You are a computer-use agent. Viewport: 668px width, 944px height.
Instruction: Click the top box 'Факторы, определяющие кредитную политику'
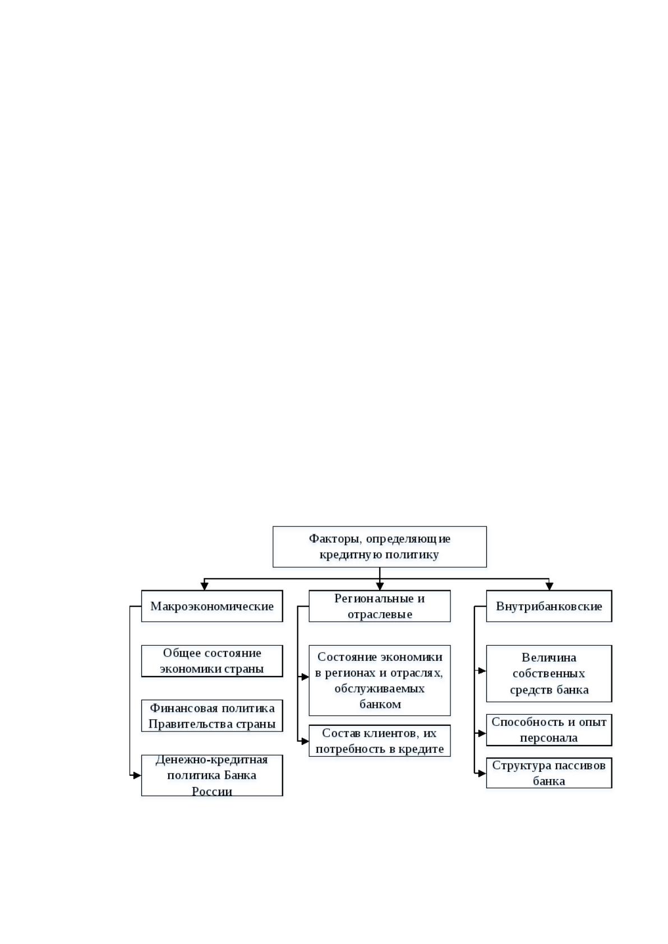click(380, 547)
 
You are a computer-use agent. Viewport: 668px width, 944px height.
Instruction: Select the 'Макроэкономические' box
click(211, 606)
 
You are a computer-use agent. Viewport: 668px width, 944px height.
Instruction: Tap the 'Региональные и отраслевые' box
click(380, 606)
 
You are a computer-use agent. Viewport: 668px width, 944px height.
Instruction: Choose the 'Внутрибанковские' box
click(549, 606)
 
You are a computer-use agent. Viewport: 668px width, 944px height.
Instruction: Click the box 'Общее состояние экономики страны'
click(211, 661)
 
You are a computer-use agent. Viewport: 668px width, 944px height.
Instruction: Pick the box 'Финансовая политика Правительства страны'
click(211, 716)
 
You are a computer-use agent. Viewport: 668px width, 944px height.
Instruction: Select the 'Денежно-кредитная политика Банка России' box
click(211, 775)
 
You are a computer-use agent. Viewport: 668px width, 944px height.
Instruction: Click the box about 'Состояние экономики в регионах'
click(380, 680)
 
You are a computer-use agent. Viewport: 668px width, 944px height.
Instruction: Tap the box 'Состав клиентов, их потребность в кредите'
click(380, 741)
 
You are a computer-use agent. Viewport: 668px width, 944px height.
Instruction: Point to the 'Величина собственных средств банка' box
click(549, 673)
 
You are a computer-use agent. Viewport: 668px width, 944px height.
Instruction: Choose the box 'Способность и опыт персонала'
click(549, 729)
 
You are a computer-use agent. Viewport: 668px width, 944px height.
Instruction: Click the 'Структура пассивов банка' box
click(549, 773)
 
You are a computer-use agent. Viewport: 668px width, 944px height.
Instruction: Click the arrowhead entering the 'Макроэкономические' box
click(205, 586)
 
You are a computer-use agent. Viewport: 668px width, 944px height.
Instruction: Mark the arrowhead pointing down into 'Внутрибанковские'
click(549, 586)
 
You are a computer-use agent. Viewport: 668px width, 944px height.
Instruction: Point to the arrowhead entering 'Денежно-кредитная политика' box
click(137, 775)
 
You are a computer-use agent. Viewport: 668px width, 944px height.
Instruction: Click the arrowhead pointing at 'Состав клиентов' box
click(305, 741)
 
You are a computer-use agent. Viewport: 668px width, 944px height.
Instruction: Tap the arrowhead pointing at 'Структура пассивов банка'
click(482, 774)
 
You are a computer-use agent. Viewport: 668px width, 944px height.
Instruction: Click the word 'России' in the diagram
click(211, 791)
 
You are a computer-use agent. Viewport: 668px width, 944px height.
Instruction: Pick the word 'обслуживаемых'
click(380, 688)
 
